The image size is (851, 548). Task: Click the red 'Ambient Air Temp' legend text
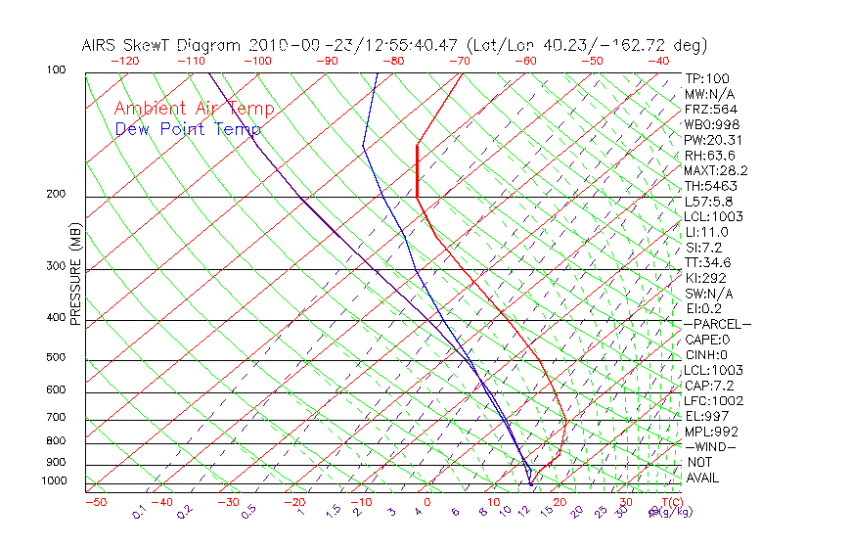coord(194,109)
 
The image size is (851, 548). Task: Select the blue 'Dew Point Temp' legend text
coord(188,129)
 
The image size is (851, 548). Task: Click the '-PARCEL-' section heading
coord(718,324)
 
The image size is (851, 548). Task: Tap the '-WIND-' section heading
coord(712,446)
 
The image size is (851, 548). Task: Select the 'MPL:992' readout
coord(711,432)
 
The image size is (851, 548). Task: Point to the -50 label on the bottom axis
coord(95,502)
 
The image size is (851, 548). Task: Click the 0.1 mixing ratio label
coord(139,512)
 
